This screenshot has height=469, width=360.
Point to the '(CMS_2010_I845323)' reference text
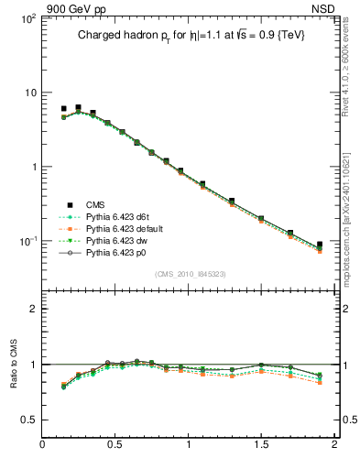point(188,274)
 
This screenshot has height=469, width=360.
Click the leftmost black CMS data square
point(63,109)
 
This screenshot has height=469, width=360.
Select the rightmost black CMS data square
point(320,245)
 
